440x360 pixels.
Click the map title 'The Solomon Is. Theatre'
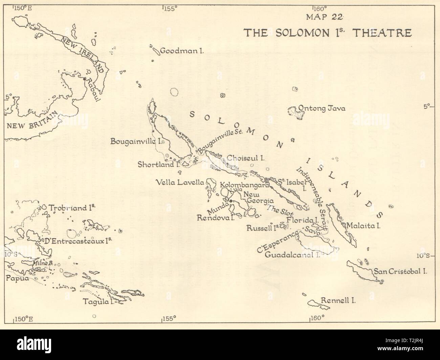click(328, 33)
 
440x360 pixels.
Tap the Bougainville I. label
click(135, 142)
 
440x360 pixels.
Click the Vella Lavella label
click(180, 183)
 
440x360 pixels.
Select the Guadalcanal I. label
click(293, 255)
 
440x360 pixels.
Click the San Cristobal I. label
click(400, 271)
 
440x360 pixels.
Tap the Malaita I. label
click(363, 225)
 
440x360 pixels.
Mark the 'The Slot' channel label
click(276, 212)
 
